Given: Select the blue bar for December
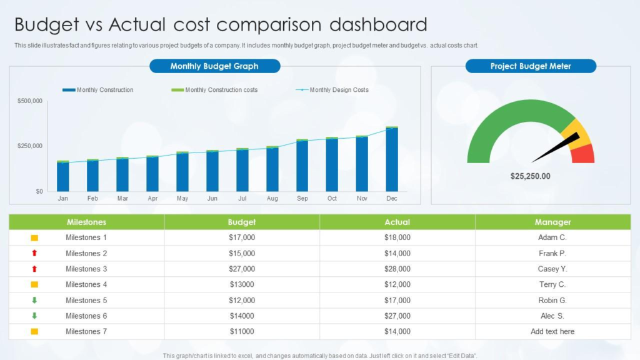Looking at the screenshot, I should click(x=392, y=160).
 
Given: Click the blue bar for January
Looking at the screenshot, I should click(x=63, y=177).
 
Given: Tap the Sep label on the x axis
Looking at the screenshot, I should click(x=302, y=199).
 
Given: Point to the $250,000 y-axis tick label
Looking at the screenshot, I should click(x=29, y=146).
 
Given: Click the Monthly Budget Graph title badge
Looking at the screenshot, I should click(x=214, y=66).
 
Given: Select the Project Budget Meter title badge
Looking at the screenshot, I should click(x=531, y=66).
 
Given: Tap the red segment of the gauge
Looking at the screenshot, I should click(x=585, y=154).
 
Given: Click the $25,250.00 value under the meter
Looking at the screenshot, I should click(x=531, y=176).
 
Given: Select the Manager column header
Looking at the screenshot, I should click(x=552, y=222).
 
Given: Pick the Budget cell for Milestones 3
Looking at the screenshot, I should click(x=242, y=269).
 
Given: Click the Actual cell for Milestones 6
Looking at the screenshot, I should click(x=397, y=316).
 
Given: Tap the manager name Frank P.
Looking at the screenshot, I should click(x=552, y=253).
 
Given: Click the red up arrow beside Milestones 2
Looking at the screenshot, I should click(x=34, y=253).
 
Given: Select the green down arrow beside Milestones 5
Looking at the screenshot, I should click(x=34, y=300).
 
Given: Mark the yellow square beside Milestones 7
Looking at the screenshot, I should click(x=34, y=331).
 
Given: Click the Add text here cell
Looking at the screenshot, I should click(x=552, y=331).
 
